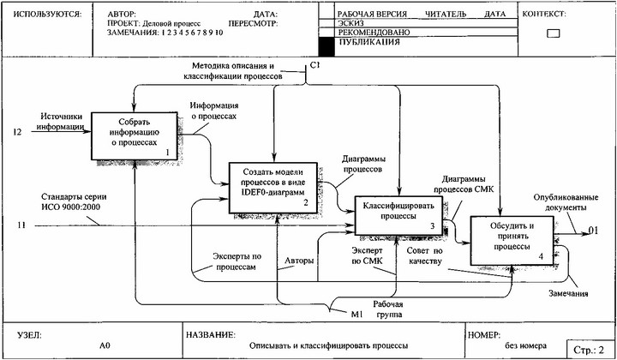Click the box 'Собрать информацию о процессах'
pos(134,135)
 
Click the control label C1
pos(314,64)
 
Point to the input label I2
pos(16,132)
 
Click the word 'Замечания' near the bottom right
pos(567,294)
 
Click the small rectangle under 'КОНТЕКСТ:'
pos(553,33)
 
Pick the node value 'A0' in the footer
pos(105,345)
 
